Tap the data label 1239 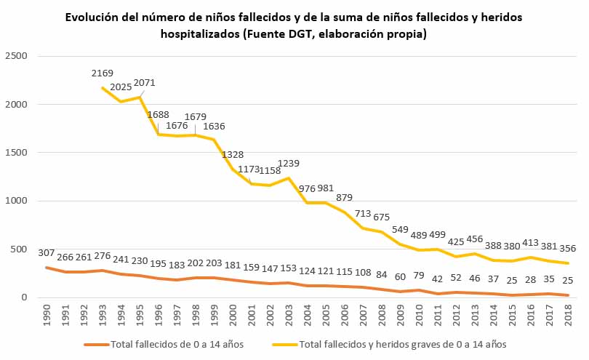pos(288,164)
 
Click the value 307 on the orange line pos(47,253)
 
